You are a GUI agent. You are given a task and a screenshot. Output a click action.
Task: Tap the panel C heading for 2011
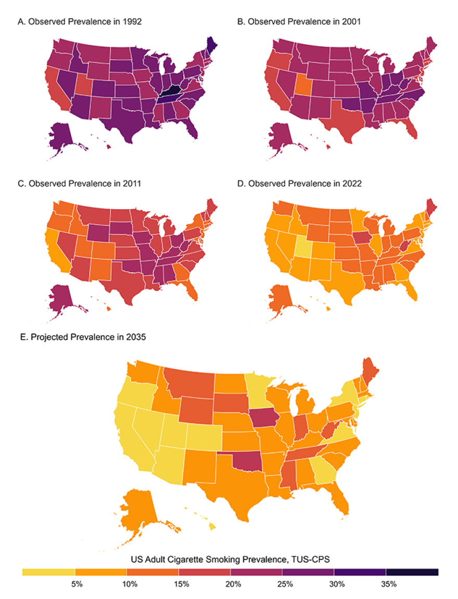click(80, 184)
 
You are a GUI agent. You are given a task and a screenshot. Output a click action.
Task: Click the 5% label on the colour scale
click(77, 584)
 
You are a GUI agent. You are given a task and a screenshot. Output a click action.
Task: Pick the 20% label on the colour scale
click(232, 584)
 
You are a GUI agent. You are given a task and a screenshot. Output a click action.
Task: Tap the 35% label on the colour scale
click(388, 584)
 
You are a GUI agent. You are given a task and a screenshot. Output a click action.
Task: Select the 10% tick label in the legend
click(129, 584)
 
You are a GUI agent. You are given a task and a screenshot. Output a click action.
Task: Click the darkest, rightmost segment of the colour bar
click(412, 572)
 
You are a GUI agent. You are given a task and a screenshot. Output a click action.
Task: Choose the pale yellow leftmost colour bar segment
click(49, 572)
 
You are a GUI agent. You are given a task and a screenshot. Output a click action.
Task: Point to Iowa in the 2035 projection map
click(266, 418)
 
